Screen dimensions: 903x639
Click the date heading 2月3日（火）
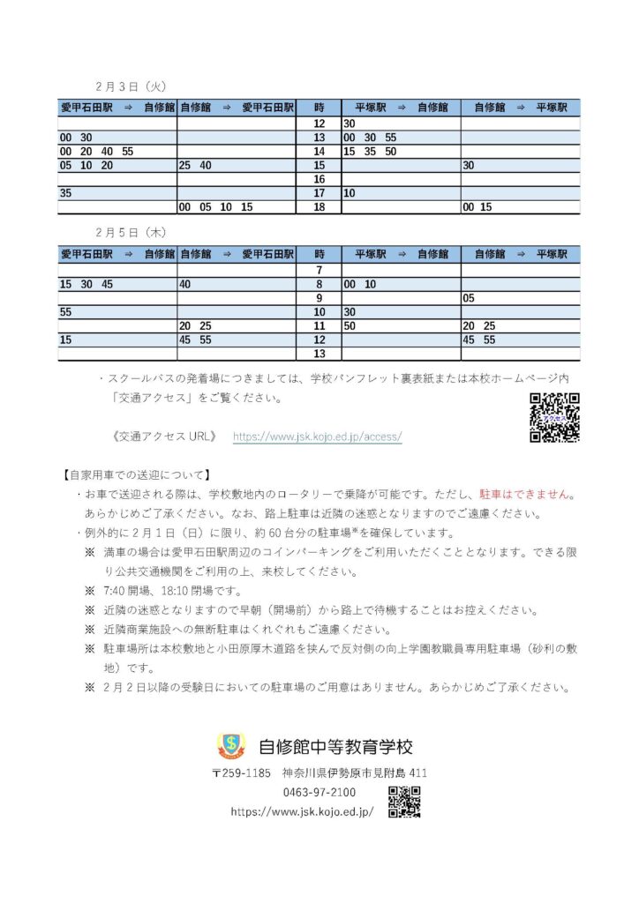point(131,86)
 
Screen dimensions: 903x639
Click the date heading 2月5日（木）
point(131,233)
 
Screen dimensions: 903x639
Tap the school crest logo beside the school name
point(232,746)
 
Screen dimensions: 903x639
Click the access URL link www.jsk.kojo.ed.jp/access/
point(317,437)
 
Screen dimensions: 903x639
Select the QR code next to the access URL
point(554,417)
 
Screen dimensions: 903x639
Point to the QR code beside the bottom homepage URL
point(404,802)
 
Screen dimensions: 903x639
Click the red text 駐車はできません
point(527,496)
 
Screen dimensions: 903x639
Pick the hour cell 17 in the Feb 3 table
point(319,193)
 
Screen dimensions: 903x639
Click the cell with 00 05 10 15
point(216,207)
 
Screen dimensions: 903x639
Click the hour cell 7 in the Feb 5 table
point(319,270)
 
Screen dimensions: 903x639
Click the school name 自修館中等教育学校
point(335,747)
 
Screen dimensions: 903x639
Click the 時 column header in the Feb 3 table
point(319,107)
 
